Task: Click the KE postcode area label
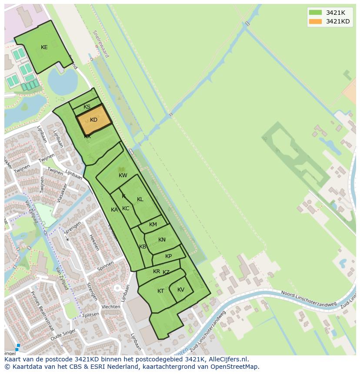[44, 47]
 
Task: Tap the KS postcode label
[87, 107]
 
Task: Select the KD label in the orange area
[94, 120]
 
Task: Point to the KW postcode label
[123, 175]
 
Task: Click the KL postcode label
[140, 199]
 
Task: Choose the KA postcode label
[114, 210]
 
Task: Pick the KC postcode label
[126, 209]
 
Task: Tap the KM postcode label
[153, 225]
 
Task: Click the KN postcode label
[162, 240]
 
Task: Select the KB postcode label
[143, 247]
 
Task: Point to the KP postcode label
[169, 256]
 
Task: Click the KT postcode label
[161, 291]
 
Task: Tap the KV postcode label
[181, 290]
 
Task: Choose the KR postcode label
[157, 271]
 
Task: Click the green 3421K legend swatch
[315, 13]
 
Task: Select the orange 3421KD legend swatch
[315, 21]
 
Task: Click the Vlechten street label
[110, 307]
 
